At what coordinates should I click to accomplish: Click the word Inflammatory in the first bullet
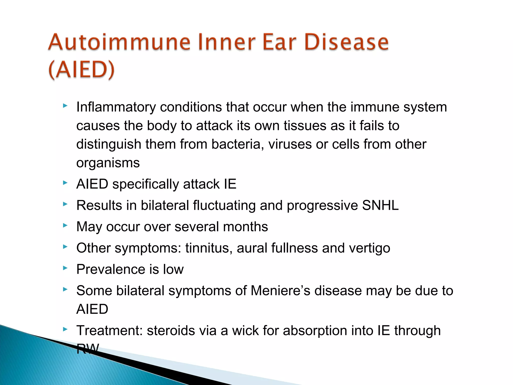[x=116, y=107]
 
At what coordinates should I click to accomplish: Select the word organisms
[x=108, y=163]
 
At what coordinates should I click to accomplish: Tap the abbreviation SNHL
[x=380, y=206]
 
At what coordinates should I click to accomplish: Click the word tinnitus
[x=209, y=248]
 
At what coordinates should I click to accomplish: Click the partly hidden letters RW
[x=88, y=348]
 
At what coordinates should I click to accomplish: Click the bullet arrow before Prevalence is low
[x=65, y=268]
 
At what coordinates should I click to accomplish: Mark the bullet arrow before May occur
[x=65, y=226]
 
